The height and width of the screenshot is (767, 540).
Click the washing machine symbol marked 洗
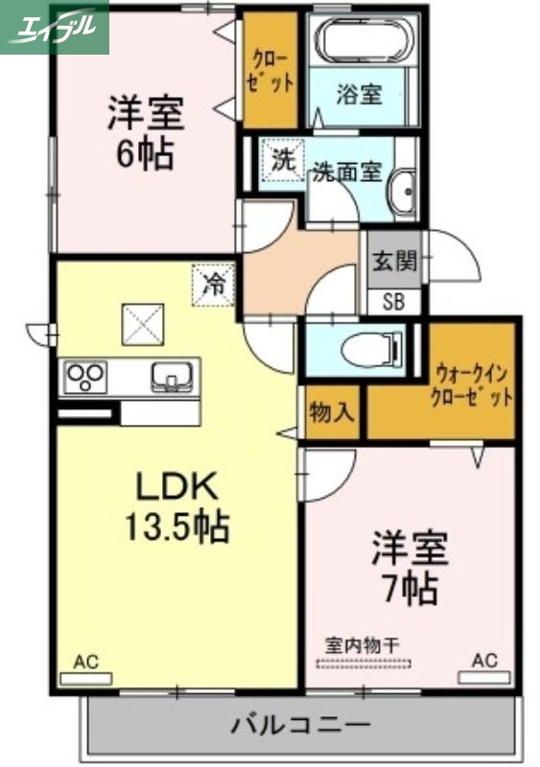282,160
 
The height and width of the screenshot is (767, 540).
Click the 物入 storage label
333,412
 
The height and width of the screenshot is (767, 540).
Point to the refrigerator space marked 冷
214,284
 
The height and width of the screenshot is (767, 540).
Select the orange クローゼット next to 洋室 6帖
271,69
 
